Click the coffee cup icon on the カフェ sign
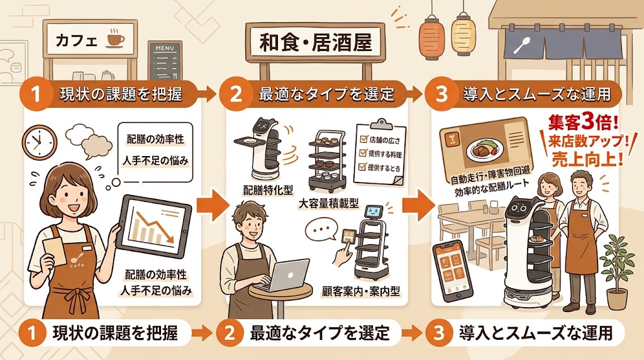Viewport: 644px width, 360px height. pos(115,39)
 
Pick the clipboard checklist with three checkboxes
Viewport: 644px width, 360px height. pos(379,152)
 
